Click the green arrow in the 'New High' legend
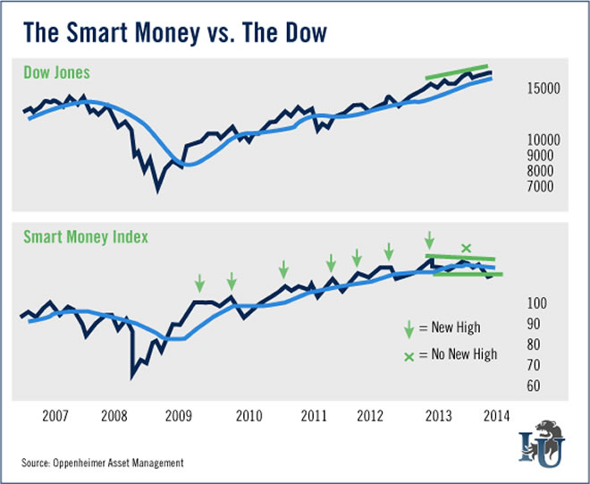(409, 328)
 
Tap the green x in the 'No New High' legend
(409, 355)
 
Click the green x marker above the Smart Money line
(465, 248)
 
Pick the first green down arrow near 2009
(200, 284)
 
